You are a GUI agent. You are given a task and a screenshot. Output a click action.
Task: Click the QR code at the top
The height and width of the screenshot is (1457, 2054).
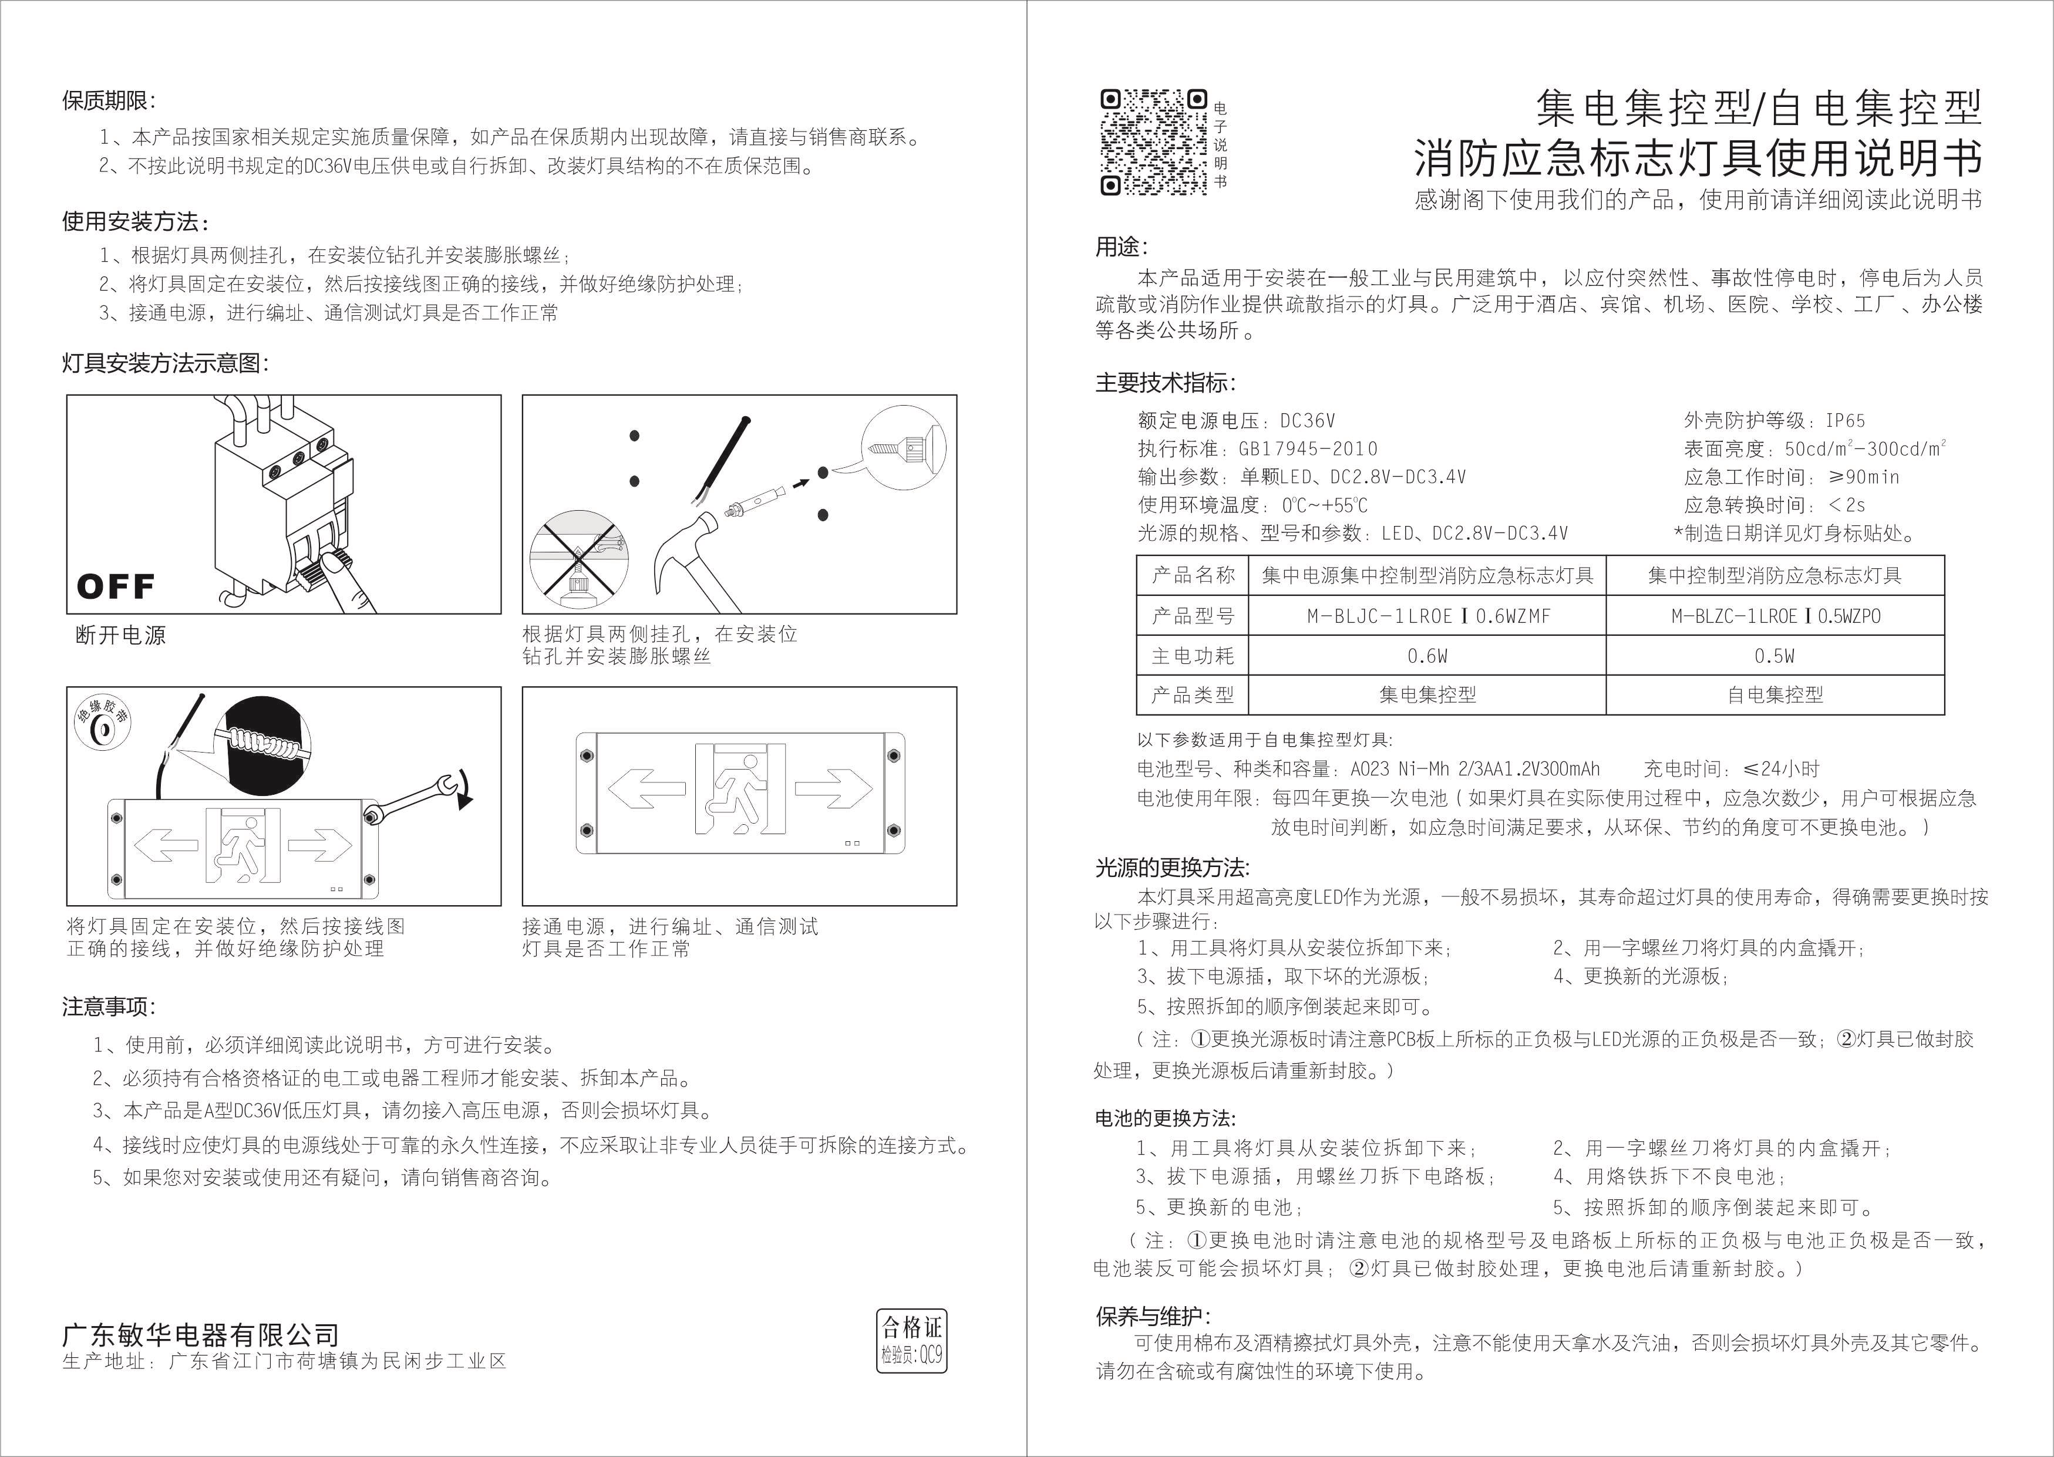tap(1153, 141)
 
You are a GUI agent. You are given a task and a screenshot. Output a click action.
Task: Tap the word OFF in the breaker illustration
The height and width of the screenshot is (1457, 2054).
tap(116, 587)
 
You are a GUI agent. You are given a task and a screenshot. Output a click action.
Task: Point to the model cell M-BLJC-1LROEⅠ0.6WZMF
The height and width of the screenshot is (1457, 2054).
tap(1427, 616)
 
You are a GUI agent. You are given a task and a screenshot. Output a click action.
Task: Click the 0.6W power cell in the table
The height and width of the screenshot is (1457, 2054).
tap(1427, 656)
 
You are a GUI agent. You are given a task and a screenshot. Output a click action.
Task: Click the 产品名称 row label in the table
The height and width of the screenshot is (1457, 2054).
tap(1193, 575)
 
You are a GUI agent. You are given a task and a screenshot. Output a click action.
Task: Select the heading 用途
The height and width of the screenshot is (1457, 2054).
tap(1121, 246)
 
